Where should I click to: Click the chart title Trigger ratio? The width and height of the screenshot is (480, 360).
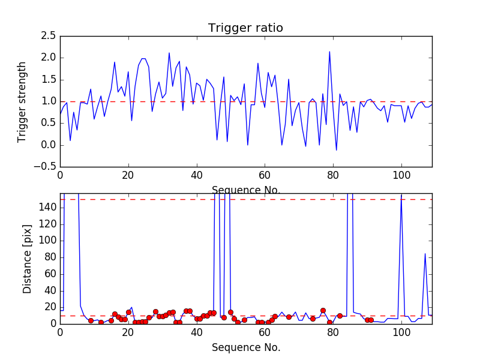[x=245, y=28]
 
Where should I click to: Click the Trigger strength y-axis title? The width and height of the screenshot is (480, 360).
[x=22, y=101]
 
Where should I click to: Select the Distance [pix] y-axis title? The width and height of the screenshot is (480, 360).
[x=27, y=259]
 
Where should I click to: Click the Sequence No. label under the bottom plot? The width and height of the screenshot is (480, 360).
[x=245, y=347]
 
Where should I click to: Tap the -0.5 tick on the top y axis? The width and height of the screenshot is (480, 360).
[x=46, y=167]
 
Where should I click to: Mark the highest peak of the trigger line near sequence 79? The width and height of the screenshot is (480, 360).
[x=329, y=52]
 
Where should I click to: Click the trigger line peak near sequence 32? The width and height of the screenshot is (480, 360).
[x=169, y=53]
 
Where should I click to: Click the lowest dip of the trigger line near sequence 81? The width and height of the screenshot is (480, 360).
[x=336, y=150]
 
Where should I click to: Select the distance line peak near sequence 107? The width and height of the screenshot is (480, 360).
[x=425, y=253]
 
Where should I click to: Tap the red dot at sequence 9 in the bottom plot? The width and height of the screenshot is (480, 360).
[x=91, y=320]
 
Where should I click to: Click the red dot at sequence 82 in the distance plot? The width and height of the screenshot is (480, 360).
[x=340, y=316]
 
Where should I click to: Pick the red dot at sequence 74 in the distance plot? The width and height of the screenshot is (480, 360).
[x=313, y=319]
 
